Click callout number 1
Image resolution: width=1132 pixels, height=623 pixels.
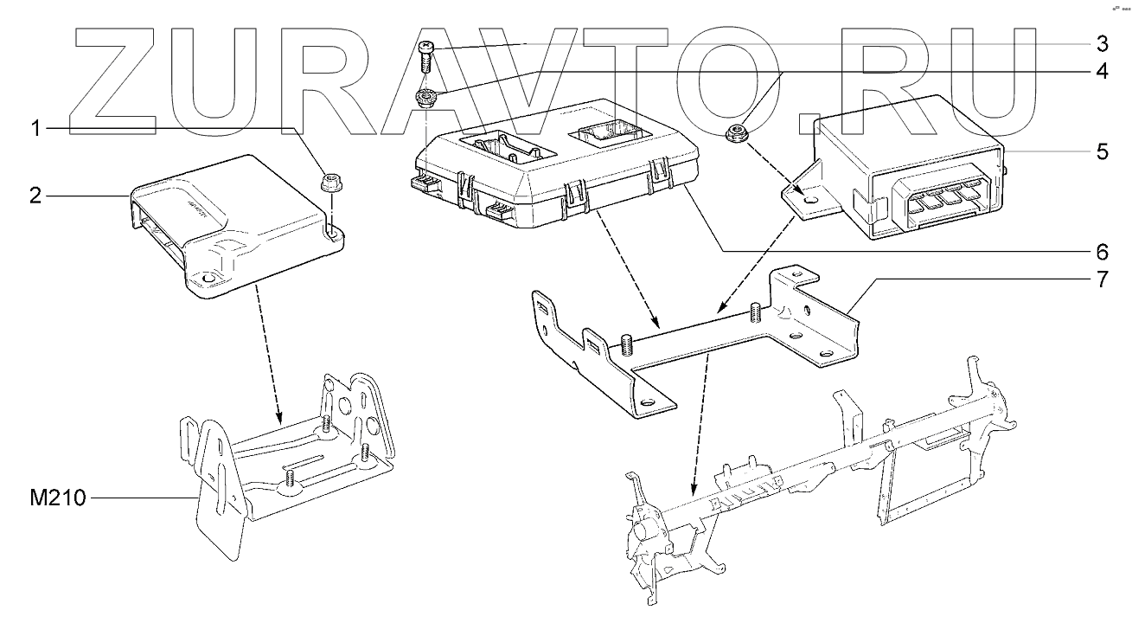(35, 129)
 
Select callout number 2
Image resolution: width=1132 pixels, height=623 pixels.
(35, 196)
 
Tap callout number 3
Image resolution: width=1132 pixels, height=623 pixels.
(1101, 42)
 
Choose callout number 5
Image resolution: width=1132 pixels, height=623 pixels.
(1101, 151)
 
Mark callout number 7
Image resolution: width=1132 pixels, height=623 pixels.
(1101, 280)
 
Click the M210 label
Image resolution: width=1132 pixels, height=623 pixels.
(57, 499)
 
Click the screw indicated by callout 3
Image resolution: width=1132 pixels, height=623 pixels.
(425, 55)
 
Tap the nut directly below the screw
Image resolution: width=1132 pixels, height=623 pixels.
(425, 97)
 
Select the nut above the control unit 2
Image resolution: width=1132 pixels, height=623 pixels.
(329, 183)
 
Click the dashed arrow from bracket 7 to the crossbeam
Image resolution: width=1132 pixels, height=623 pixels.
(699, 424)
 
